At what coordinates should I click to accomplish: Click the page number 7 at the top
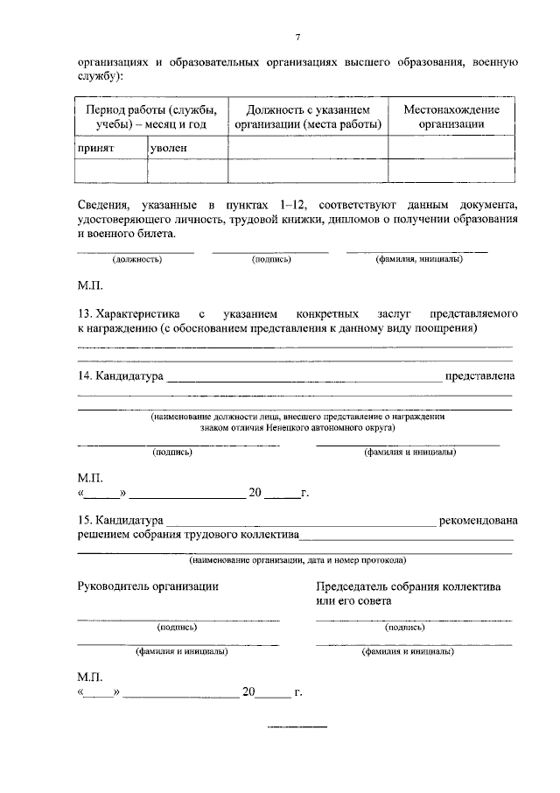click(x=297, y=37)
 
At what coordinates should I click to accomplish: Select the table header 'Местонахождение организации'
click(x=451, y=116)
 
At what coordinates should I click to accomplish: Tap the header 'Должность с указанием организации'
click(x=308, y=116)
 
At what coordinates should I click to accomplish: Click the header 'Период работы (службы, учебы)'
click(x=151, y=116)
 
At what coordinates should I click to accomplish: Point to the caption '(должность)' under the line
click(x=136, y=260)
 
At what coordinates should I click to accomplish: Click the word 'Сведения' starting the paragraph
click(x=102, y=204)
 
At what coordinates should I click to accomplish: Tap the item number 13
click(x=85, y=312)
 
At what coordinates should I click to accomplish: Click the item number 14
click(x=85, y=376)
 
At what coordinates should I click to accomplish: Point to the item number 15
click(x=85, y=521)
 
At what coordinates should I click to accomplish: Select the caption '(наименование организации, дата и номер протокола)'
click(x=297, y=560)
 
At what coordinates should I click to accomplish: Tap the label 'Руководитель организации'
click(x=148, y=586)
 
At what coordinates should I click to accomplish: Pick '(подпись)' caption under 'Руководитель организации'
click(x=177, y=628)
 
